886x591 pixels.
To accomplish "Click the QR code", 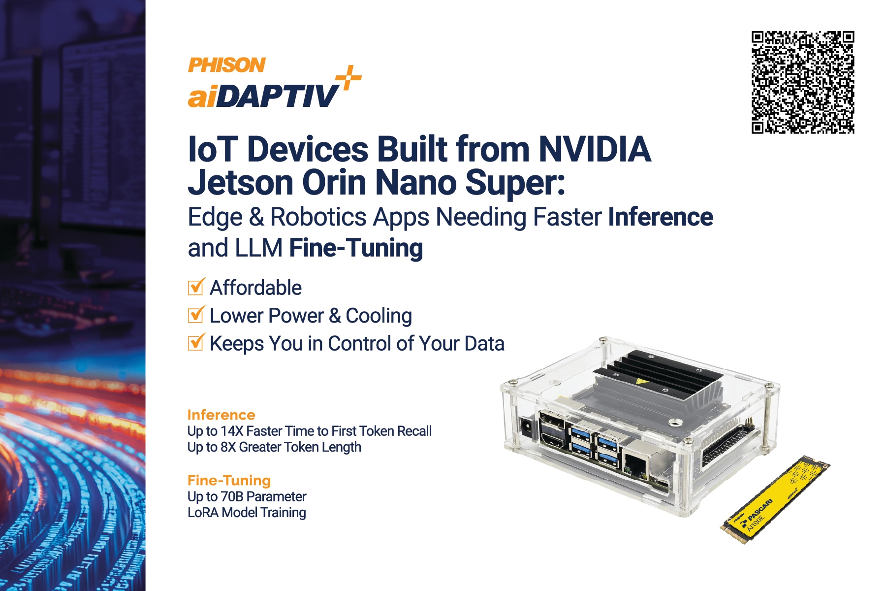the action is coord(803,82).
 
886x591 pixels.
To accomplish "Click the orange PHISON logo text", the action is coord(227,65).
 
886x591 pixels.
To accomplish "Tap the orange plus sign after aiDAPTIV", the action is coord(348,77).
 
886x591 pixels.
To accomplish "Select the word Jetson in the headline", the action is coord(241,182).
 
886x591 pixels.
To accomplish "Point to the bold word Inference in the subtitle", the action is coord(661,217).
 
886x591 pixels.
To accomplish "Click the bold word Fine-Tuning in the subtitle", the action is coord(356,248).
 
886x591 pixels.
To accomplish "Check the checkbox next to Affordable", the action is coord(196,287).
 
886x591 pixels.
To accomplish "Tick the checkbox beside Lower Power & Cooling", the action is coord(196,315).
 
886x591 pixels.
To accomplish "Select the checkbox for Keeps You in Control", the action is coord(196,342).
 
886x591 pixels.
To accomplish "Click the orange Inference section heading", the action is coord(221,415).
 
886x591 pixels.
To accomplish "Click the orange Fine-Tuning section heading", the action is coord(229,480).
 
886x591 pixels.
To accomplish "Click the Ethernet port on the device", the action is coord(638,464).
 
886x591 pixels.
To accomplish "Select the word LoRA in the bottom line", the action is coord(203,513).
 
